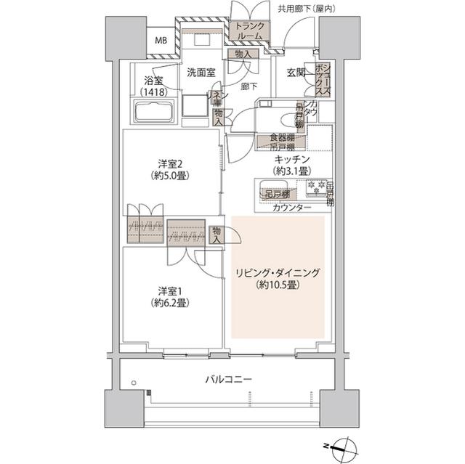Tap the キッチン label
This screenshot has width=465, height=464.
point(292,158)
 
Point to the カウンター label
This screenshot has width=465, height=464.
point(292,208)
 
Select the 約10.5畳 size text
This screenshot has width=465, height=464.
point(278,285)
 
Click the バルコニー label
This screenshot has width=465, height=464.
point(228,380)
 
